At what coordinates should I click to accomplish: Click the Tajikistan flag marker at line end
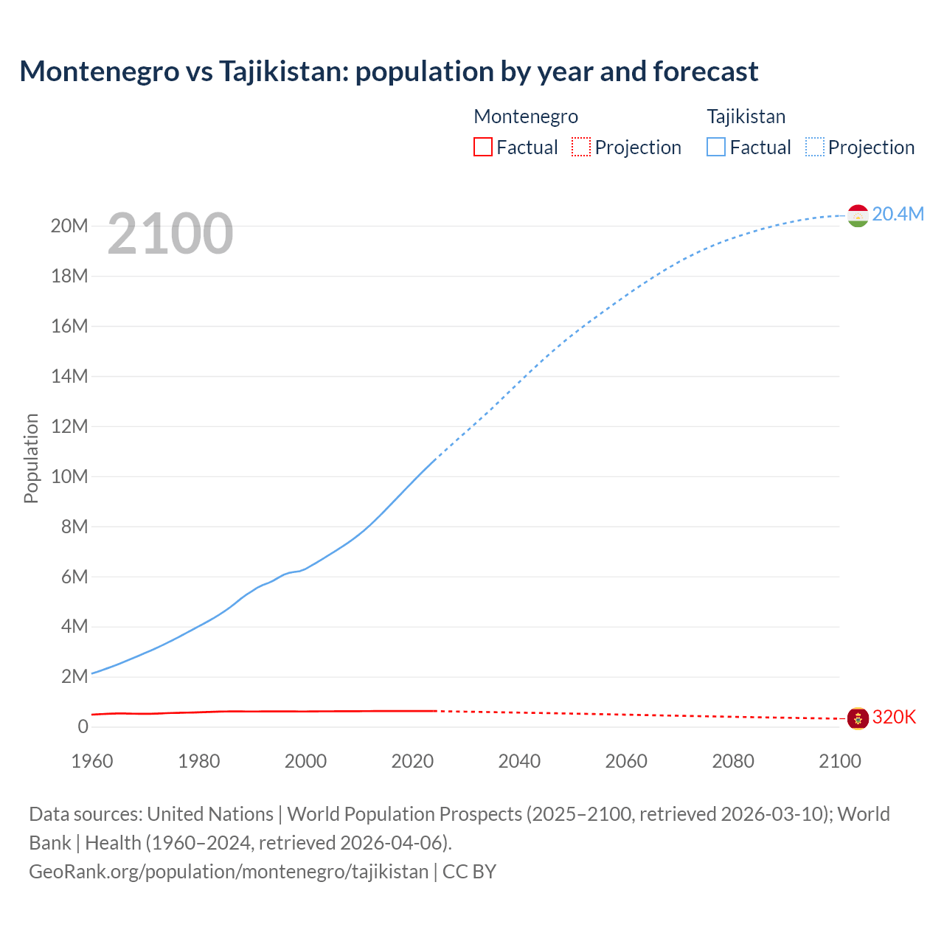(x=858, y=215)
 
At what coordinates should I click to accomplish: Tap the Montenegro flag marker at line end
(x=858, y=718)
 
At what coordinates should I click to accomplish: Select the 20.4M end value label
(x=898, y=214)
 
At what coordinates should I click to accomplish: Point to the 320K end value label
(x=894, y=717)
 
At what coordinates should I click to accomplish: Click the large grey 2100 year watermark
(x=170, y=234)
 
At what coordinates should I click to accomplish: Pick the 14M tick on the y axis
(x=69, y=376)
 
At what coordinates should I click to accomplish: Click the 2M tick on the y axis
(x=74, y=676)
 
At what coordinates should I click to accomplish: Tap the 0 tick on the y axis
(x=83, y=726)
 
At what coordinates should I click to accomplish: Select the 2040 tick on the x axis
(x=519, y=761)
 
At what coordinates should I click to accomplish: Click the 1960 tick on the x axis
(x=92, y=761)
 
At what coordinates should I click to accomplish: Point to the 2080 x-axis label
(x=733, y=761)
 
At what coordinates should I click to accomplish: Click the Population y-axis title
(x=31, y=458)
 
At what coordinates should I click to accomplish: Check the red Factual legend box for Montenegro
(x=482, y=147)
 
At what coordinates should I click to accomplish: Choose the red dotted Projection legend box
(x=581, y=147)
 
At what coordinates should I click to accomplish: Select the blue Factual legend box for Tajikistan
(x=716, y=147)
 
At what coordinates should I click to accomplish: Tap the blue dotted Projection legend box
(x=814, y=147)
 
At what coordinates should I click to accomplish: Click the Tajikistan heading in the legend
(x=746, y=117)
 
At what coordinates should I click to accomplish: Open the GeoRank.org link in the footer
(x=229, y=871)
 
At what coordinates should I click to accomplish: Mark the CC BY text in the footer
(x=469, y=871)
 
